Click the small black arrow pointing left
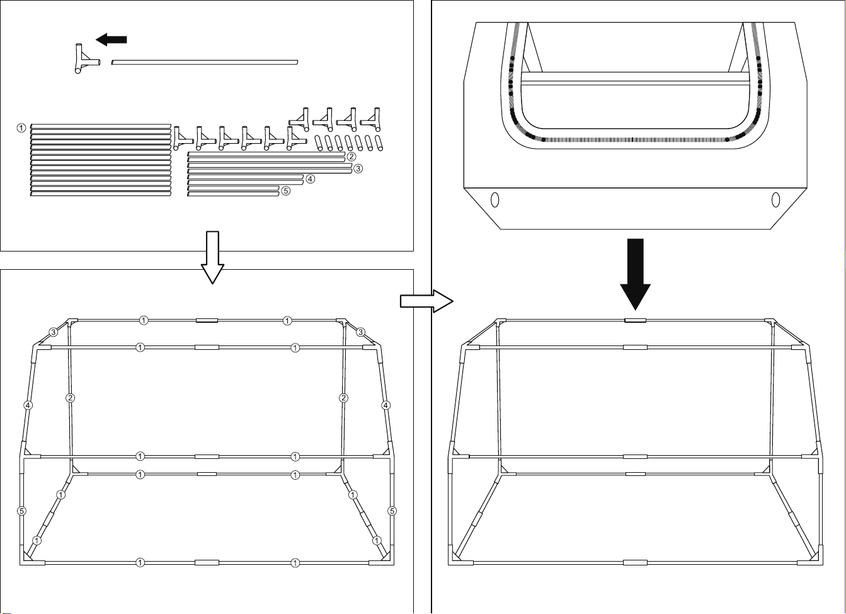click(x=111, y=39)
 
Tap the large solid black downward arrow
click(x=635, y=274)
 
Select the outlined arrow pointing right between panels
click(x=426, y=301)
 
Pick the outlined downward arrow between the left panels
click(x=212, y=257)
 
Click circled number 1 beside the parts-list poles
click(x=21, y=128)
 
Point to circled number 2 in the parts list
click(x=352, y=156)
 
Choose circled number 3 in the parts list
click(x=358, y=168)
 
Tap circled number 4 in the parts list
click(x=310, y=179)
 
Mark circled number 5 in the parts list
click(x=286, y=191)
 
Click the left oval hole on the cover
click(x=494, y=199)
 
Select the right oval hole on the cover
click(x=775, y=199)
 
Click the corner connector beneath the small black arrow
click(x=86, y=59)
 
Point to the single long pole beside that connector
click(x=204, y=62)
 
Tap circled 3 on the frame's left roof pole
click(x=54, y=332)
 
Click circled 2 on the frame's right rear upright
click(x=343, y=398)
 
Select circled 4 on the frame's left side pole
click(x=28, y=405)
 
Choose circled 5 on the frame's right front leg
click(x=392, y=511)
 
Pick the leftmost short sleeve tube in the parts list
click(x=319, y=143)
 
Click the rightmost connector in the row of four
click(x=370, y=119)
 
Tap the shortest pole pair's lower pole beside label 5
click(x=233, y=194)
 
